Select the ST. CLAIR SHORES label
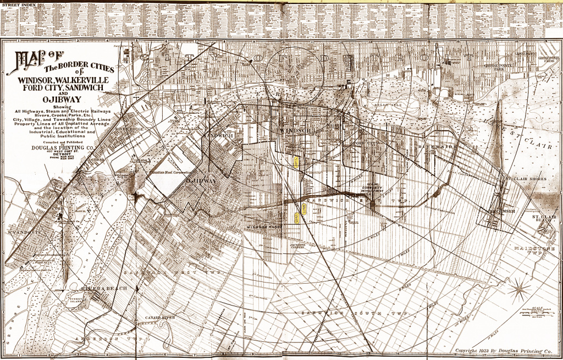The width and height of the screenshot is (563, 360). pyautogui.click(x=528, y=179)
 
